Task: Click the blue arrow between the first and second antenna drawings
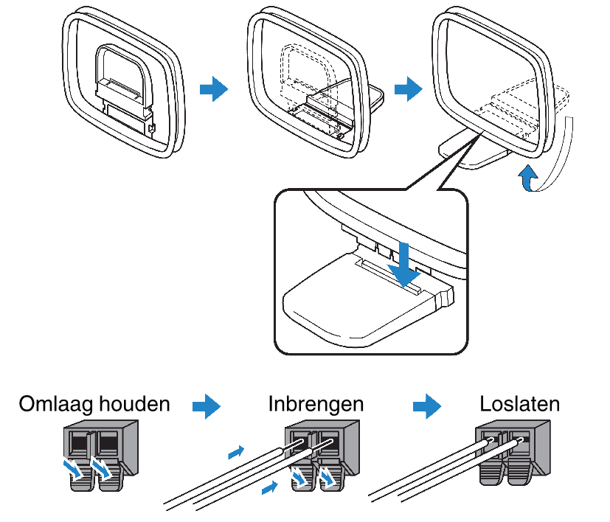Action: click(214, 89)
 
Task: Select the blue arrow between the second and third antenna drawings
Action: click(408, 89)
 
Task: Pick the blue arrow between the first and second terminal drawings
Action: click(207, 406)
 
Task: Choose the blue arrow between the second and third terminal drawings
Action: click(427, 406)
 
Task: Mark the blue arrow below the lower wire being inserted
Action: click(271, 487)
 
